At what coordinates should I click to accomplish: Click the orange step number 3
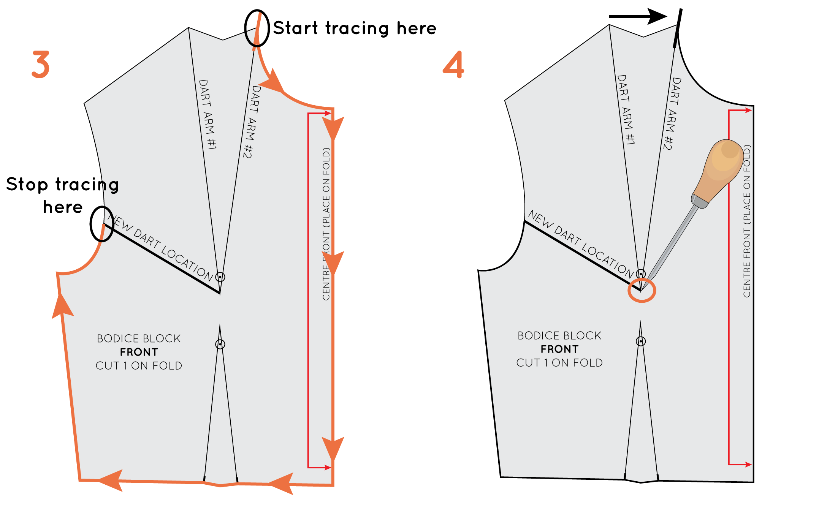[41, 65]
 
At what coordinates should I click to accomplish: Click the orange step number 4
[454, 65]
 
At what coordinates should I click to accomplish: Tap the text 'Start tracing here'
[355, 28]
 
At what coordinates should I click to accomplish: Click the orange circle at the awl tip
[642, 291]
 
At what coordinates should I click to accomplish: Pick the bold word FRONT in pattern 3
[139, 352]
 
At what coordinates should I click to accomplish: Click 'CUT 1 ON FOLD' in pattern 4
[559, 363]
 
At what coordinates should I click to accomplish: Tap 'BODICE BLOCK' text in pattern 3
[139, 338]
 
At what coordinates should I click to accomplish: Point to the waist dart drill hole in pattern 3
[220, 344]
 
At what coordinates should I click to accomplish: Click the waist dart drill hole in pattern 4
[641, 341]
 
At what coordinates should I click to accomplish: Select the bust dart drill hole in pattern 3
[220, 277]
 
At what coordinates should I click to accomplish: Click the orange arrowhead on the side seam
[62, 306]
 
